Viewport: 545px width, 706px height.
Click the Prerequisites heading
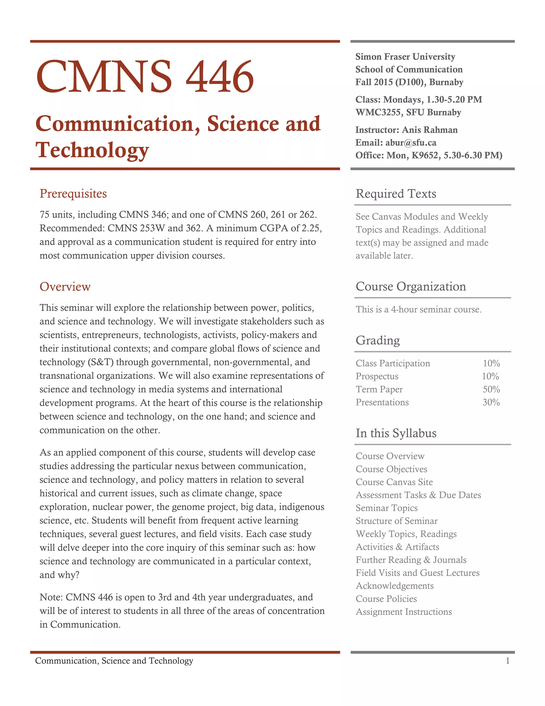click(73, 194)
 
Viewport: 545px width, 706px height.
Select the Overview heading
click(65, 287)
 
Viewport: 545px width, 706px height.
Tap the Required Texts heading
click(395, 194)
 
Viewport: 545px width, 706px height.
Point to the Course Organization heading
click(410, 286)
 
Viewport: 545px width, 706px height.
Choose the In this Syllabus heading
click(396, 433)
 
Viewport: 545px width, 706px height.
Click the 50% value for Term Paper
click(491, 389)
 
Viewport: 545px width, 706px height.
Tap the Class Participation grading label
click(393, 363)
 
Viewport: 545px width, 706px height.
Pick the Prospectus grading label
click(377, 376)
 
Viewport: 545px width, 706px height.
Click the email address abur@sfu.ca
click(411, 143)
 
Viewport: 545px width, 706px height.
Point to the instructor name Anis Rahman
click(430, 130)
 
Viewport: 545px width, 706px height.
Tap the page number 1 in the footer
click(507, 661)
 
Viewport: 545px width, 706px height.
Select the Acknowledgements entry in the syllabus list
click(395, 586)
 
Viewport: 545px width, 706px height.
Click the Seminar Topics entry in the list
click(386, 508)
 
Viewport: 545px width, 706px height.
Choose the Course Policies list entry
click(386, 599)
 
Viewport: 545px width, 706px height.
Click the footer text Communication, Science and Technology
click(114, 661)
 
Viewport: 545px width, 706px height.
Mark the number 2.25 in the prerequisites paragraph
click(310, 228)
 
